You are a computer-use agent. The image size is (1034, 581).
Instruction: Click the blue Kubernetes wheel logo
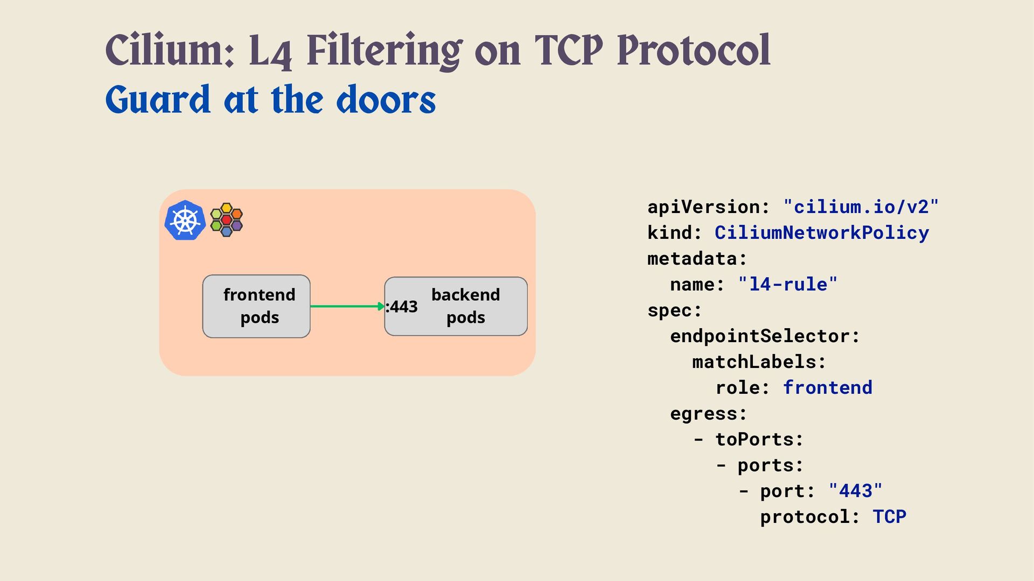(x=185, y=220)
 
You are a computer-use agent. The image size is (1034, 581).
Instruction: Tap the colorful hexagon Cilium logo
(x=226, y=220)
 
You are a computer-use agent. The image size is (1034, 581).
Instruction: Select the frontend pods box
(x=256, y=306)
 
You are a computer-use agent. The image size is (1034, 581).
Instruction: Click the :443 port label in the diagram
(x=402, y=307)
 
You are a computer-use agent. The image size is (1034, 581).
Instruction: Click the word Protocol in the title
(x=693, y=51)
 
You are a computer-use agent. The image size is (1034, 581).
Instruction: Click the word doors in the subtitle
(x=386, y=100)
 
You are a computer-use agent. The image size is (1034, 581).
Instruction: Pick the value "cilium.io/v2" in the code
(x=861, y=207)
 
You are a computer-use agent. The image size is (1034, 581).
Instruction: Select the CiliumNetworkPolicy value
(x=821, y=232)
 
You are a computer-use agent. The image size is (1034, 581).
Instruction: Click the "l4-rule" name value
(x=787, y=284)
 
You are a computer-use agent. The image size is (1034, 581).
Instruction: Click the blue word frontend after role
(x=827, y=387)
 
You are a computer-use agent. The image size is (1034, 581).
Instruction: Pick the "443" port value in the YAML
(x=855, y=491)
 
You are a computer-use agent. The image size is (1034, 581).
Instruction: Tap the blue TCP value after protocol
(x=889, y=516)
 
